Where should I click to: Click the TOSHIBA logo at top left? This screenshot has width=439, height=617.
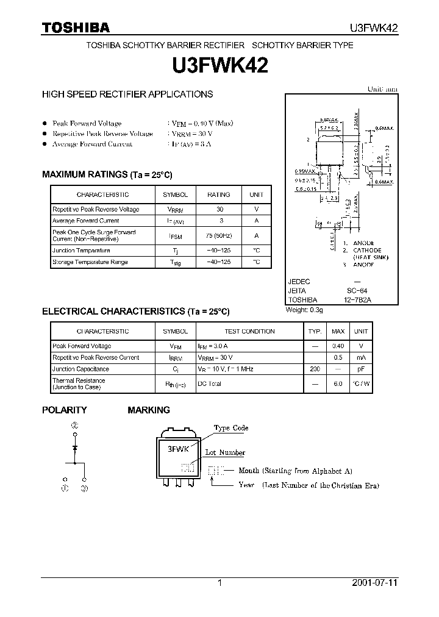pos(76,27)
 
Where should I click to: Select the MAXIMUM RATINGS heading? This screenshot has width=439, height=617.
pos(107,174)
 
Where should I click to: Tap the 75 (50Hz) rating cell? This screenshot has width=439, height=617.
pos(218,235)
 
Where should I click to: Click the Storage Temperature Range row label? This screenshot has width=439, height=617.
pos(90,262)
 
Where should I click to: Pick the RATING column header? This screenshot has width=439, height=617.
pos(218,194)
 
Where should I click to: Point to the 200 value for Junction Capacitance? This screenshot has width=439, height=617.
pos(315,369)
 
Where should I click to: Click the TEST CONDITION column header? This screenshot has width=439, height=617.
pos(249,331)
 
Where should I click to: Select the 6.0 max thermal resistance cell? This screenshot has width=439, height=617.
pos(338,383)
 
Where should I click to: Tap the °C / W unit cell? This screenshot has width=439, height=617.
pos(361,383)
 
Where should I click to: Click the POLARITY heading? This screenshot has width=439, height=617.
pos(64,410)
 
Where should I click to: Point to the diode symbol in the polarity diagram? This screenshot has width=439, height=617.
pos(75,448)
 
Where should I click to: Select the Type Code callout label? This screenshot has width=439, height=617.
pos(230,428)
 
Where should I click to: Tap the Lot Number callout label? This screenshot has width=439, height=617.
pos(224,452)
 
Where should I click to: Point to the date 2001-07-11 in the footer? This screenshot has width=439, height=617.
pos(374,582)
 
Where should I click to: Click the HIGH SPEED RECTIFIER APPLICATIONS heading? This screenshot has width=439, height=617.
pos(127,95)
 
